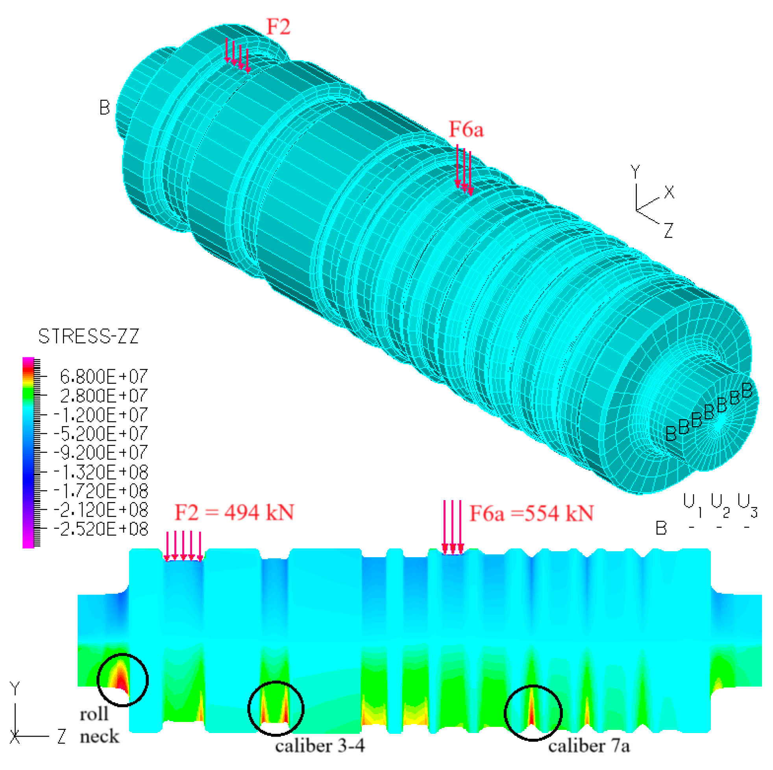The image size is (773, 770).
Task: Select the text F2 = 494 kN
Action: click(235, 512)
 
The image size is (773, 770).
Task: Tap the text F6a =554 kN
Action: click(531, 513)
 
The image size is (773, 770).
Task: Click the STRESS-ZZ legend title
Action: click(89, 336)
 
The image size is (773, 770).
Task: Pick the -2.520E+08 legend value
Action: click(100, 529)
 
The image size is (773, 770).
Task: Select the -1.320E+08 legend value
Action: click(100, 472)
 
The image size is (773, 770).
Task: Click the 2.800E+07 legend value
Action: click(104, 395)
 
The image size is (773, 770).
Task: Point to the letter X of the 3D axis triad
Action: click(669, 193)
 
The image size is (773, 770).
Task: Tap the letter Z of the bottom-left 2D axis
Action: click(61, 736)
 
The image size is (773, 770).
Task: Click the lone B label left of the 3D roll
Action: click(104, 108)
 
